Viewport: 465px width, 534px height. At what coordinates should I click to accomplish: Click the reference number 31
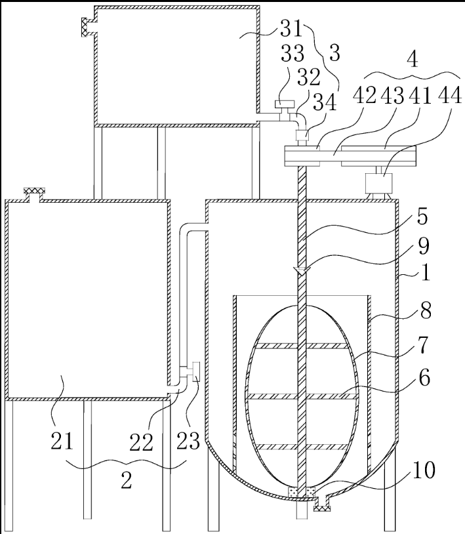coord(291,28)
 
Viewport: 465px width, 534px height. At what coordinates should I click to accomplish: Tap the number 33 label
coord(293,53)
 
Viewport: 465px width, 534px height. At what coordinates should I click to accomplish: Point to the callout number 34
coord(325,102)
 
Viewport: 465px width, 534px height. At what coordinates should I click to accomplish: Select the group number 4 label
coord(413,60)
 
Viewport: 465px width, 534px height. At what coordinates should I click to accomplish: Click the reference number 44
coord(450,94)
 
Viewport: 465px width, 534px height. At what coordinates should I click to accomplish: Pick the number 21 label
coord(62,440)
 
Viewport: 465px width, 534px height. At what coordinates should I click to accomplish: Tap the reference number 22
coord(141,442)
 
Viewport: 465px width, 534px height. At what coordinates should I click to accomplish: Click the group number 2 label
coord(127,480)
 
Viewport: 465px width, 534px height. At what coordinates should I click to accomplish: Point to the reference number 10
coord(424,470)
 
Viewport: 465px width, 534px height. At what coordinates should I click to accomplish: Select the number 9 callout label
coord(424,246)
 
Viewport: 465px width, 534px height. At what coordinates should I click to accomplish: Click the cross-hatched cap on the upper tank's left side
coord(85,28)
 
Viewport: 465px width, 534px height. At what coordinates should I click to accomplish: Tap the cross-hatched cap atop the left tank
coord(34,191)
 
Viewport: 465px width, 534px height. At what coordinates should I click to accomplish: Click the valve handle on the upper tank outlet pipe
coord(284,104)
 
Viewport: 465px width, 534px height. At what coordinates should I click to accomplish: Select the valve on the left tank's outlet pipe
coord(195,371)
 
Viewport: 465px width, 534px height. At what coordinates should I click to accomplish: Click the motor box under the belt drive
coord(378,183)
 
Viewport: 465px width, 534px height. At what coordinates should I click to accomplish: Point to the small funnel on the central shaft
coord(302,270)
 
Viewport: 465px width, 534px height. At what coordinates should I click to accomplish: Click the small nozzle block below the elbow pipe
coord(302,135)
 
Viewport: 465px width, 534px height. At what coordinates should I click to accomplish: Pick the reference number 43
coord(392,95)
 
